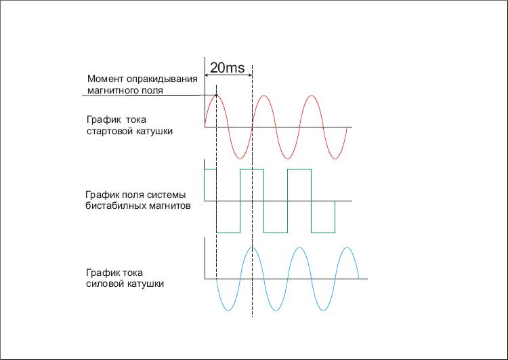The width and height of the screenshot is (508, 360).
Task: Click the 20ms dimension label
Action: tap(227, 68)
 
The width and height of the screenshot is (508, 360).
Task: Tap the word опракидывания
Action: tap(162, 79)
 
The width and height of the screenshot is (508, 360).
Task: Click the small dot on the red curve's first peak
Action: tap(217, 96)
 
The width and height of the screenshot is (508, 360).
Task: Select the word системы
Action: tap(167, 195)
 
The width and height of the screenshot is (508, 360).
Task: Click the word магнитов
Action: tap(169, 206)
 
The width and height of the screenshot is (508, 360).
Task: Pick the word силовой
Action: tap(104, 284)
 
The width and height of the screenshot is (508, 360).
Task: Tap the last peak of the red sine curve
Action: tap(311, 96)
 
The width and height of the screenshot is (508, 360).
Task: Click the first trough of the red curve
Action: tap(240, 159)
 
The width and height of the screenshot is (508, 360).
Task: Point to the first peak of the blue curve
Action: tap(253, 247)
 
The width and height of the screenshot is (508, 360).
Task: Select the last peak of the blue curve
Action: tap(347, 247)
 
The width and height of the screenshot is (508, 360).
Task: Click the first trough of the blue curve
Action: tap(228, 311)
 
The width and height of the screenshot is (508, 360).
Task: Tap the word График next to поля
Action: tap(103, 195)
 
